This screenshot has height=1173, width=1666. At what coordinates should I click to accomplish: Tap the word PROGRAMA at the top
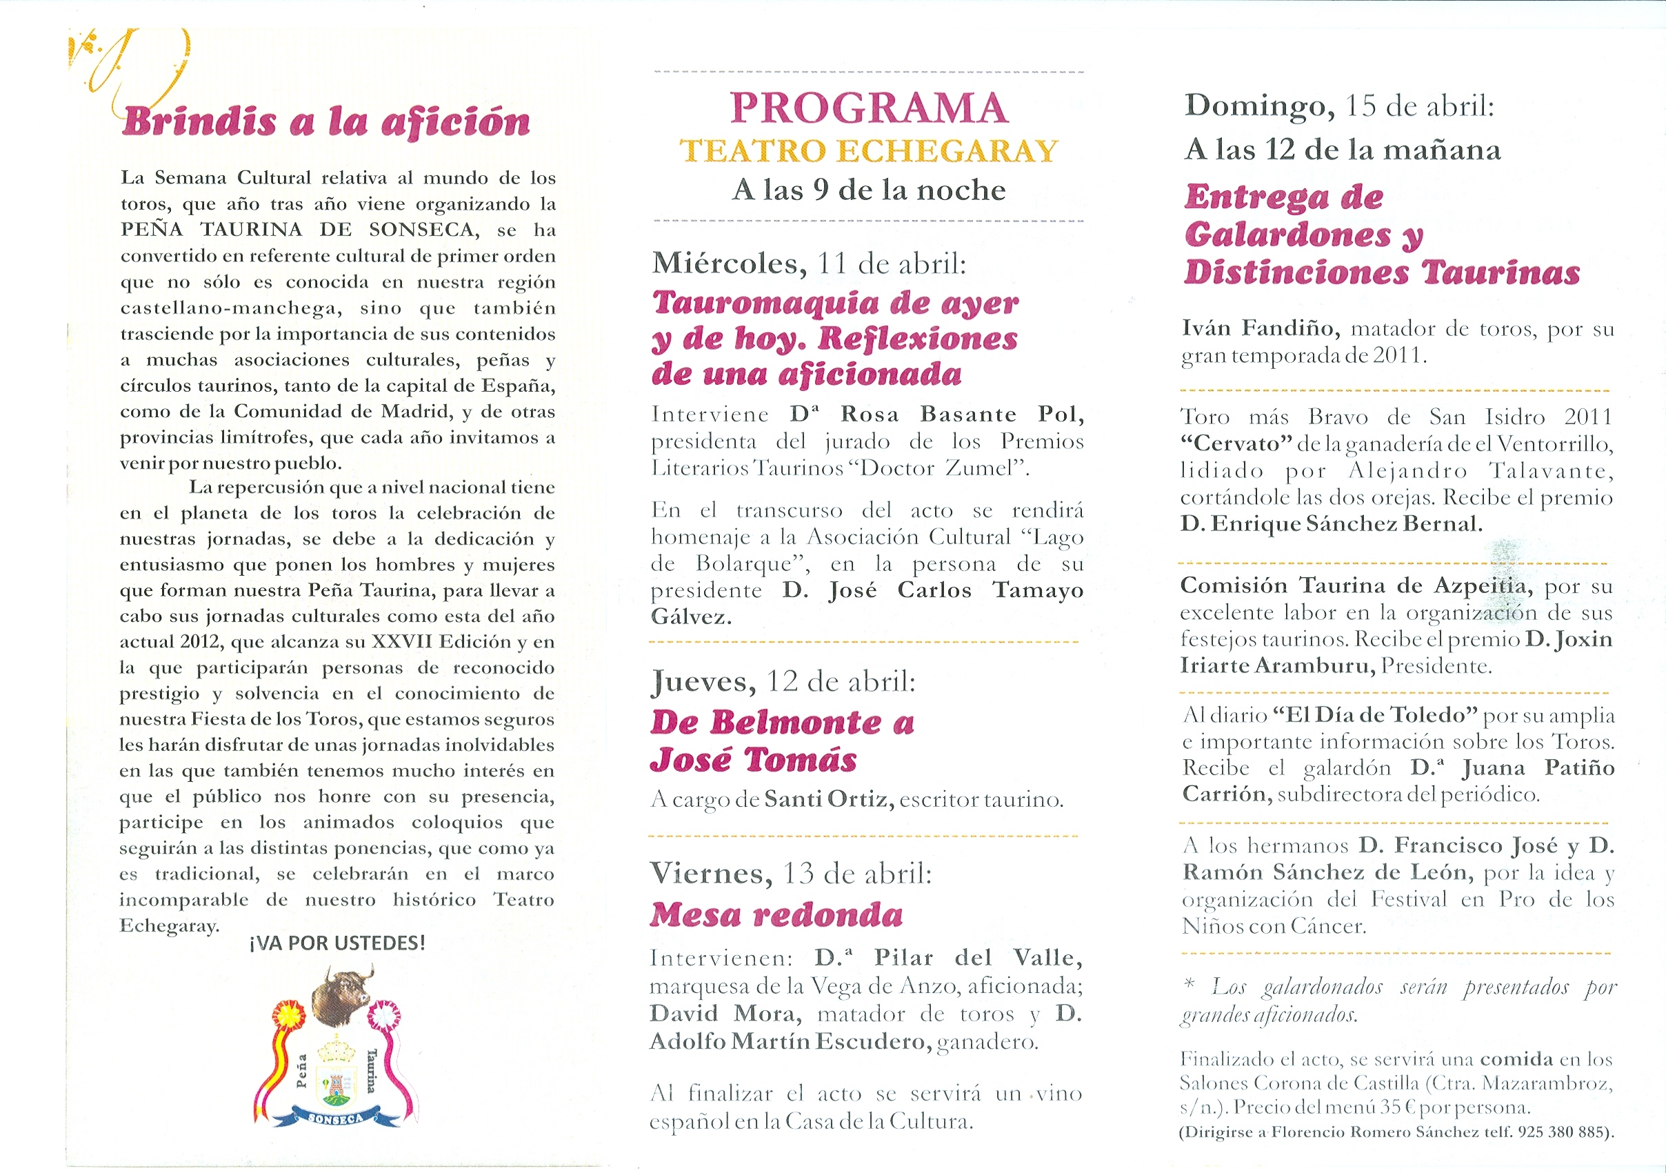pyautogui.click(x=869, y=109)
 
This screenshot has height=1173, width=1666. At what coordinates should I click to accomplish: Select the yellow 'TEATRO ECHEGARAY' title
pyautogui.click(x=869, y=151)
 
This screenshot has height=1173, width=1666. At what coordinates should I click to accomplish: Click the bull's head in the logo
pyautogui.click(x=342, y=995)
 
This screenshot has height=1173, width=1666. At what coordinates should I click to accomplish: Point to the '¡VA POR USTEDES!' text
pyautogui.click(x=337, y=943)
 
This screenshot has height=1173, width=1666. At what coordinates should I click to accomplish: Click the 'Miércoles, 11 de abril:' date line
pyautogui.click(x=809, y=263)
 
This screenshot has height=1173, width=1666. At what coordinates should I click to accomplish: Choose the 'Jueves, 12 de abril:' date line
pyautogui.click(x=783, y=681)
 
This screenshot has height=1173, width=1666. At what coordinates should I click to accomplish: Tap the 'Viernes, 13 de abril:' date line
pyautogui.click(x=790, y=874)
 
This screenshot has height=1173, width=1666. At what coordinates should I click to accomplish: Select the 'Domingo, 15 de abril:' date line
pyautogui.click(x=1339, y=106)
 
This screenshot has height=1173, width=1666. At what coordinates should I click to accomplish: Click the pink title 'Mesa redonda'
pyautogui.click(x=776, y=915)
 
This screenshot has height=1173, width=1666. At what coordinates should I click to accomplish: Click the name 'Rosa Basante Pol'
pyautogui.click(x=961, y=414)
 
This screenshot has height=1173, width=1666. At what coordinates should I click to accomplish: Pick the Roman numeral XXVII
pyautogui.click(x=402, y=642)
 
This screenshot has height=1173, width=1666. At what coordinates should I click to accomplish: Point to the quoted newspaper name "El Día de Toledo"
pyautogui.click(x=1375, y=715)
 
